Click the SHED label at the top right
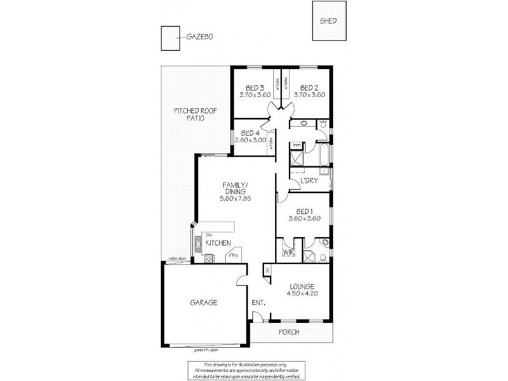point(328,21)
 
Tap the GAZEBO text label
point(199,37)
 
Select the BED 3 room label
point(255,88)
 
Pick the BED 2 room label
point(309,88)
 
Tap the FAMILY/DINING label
point(235,189)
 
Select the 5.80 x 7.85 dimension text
point(235,197)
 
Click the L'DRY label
point(309,182)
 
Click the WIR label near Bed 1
point(287,252)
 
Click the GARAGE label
point(203,303)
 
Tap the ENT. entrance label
point(258,303)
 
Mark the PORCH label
point(289,332)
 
